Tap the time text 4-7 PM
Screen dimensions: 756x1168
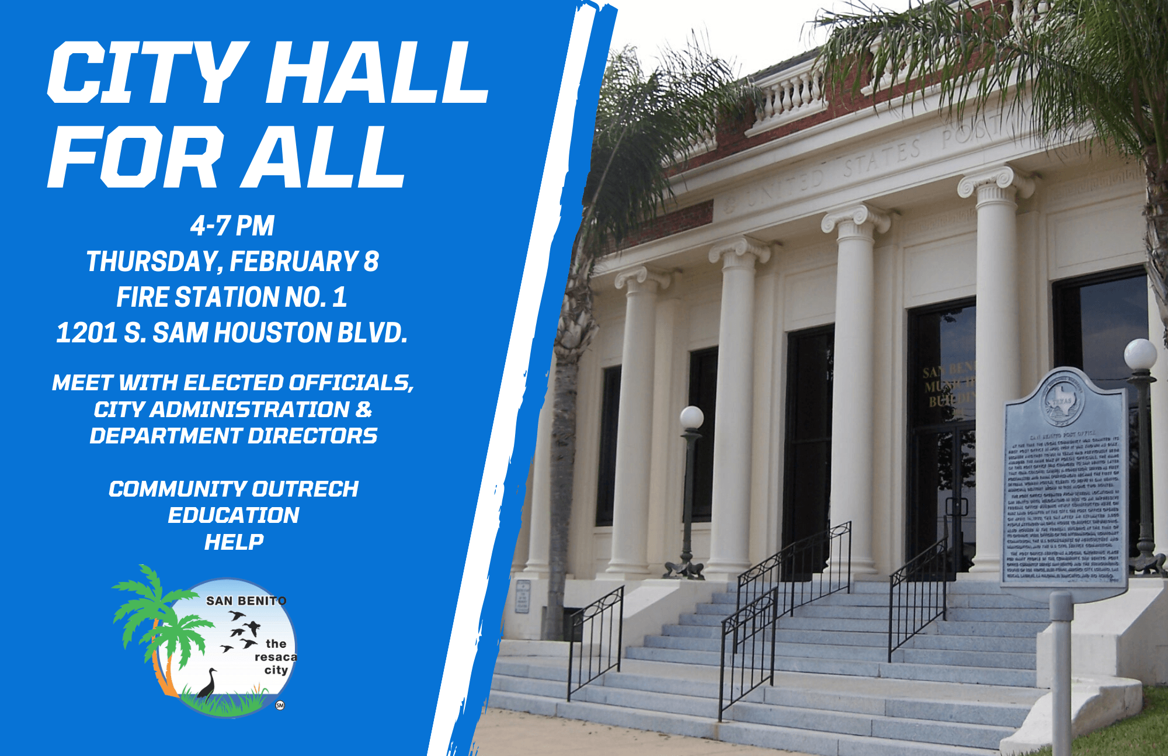pos(232,226)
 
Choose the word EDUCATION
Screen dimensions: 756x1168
pos(234,515)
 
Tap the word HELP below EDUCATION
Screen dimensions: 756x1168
pos(234,542)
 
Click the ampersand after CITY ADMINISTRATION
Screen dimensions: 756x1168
pos(363,410)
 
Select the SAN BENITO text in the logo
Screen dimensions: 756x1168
pos(246,601)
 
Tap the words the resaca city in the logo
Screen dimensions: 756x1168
pos(276,657)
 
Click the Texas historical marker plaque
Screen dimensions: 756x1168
pos(1064,485)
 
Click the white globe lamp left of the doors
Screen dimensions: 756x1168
pos(691,417)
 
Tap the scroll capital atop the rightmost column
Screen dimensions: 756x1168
pos(996,181)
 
